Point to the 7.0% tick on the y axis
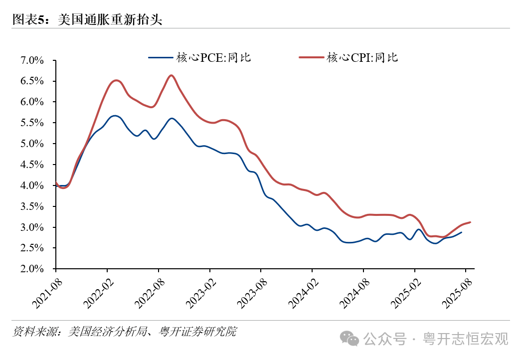[x=32, y=60]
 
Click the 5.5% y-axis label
[x=32, y=123]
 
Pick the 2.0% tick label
[x=32, y=269]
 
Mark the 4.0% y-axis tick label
[x=32, y=185]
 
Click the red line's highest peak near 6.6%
[x=171, y=75]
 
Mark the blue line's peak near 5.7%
[x=115, y=116]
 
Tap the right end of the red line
[x=470, y=222]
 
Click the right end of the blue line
[x=461, y=232]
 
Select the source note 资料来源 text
[x=125, y=332]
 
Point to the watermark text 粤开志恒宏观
[x=466, y=339]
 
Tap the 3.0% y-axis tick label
[x=32, y=227]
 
